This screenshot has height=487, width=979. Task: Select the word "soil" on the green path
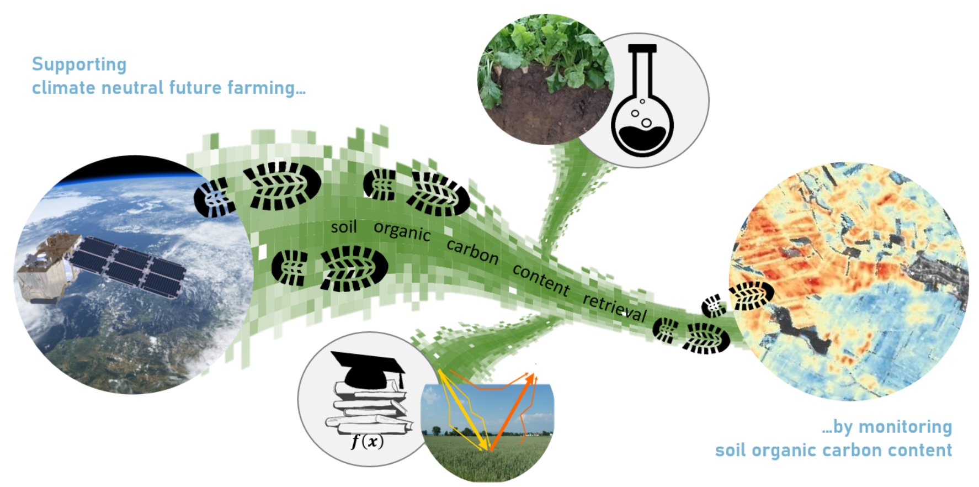[344, 227]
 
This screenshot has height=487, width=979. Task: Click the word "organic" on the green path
[402, 231]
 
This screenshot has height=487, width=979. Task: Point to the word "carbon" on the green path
[472, 251]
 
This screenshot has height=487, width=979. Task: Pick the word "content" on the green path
[541, 279]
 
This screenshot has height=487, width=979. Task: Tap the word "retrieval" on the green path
[615, 306]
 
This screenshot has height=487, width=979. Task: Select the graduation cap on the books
[369, 368]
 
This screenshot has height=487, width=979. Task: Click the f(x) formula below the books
[367, 441]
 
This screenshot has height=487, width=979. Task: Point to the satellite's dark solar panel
[128, 266]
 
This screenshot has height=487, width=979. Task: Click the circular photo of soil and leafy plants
[546, 80]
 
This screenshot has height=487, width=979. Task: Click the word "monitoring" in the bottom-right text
[906, 427]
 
